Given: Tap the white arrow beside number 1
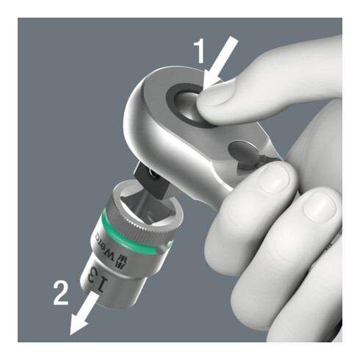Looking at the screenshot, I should (x=221, y=61).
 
